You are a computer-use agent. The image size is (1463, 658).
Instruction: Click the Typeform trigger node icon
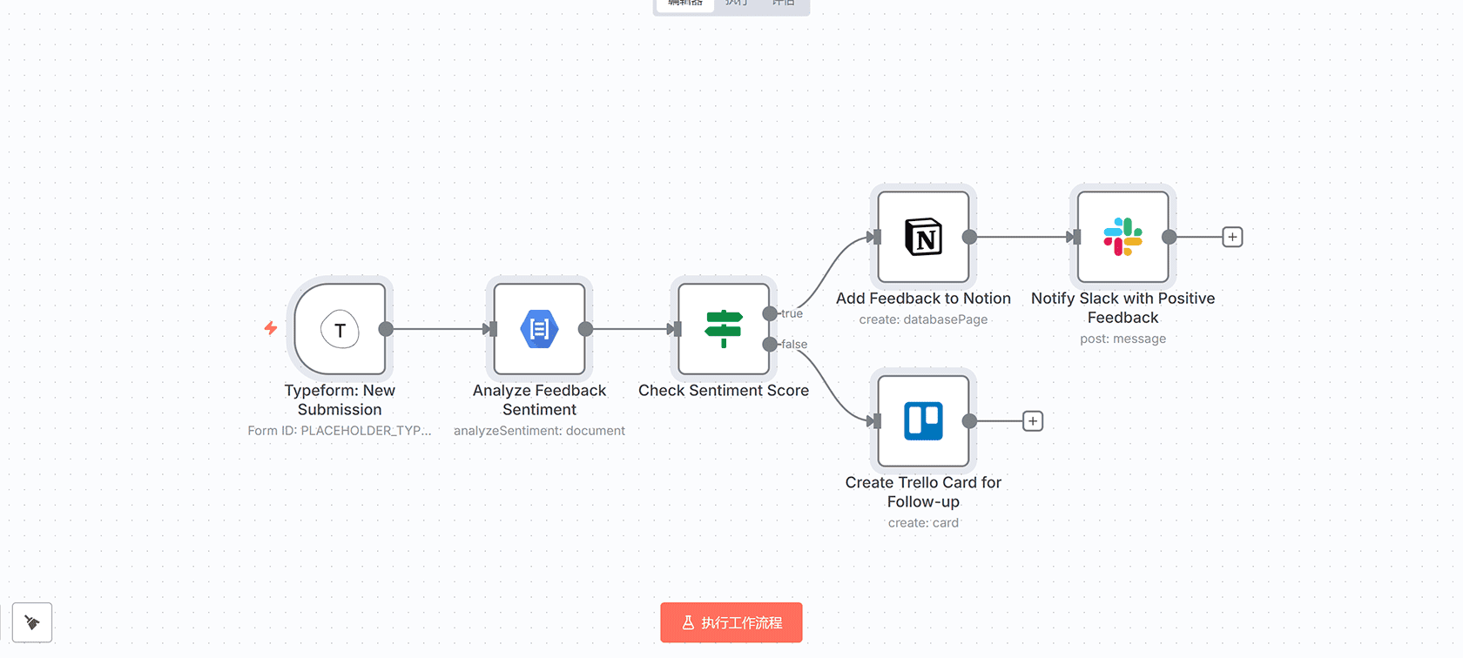click(x=340, y=330)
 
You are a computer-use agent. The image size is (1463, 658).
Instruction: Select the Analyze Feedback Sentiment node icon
click(x=539, y=330)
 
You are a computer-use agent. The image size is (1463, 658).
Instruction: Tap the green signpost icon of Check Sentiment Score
click(x=723, y=330)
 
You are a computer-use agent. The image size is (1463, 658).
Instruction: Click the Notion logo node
click(x=923, y=237)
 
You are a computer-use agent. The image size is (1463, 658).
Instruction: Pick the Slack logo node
click(x=1123, y=237)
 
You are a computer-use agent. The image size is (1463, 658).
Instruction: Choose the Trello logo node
click(x=923, y=421)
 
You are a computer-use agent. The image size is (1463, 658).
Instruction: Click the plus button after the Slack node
click(x=1232, y=237)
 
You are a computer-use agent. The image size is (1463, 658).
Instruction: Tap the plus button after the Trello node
click(x=1033, y=421)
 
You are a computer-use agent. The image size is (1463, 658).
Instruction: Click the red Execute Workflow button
click(x=731, y=622)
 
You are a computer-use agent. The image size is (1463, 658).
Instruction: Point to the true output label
click(x=792, y=313)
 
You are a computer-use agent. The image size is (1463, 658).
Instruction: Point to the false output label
click(x=794, y=344)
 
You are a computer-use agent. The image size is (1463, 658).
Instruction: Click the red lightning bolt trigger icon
click(x=271, y=328)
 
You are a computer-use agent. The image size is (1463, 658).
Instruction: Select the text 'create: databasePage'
click(x=923, y=319)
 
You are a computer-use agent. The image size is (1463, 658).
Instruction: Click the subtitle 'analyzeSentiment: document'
click(x=539, y=431)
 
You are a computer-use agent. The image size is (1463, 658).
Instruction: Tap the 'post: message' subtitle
click(x=1123, y=339)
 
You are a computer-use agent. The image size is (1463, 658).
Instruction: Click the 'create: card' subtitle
click(x=923, y=523)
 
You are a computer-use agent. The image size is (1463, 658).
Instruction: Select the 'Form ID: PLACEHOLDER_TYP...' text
click(x=340, y=431)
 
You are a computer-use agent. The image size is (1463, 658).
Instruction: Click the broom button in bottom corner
click(x=32, y=622)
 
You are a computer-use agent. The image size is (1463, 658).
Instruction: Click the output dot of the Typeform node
click(x=386, y=329)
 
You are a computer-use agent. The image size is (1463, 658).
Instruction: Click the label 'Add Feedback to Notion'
click(x=923, y=299)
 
